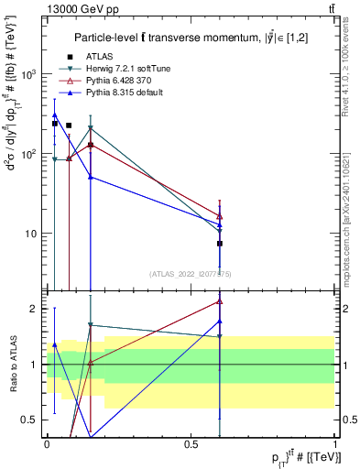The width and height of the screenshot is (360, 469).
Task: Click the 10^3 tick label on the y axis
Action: coord(29,74)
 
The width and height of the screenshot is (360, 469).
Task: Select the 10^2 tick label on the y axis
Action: coord(29,154)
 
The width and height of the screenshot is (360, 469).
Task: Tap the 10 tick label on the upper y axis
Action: coord(32,234)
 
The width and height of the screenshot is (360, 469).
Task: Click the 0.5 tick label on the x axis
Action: coord(191,442)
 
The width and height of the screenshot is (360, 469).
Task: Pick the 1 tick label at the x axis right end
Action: coord(335,442)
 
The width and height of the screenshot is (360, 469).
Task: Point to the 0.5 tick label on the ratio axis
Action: coord(33,420)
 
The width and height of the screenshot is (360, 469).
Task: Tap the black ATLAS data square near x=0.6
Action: coord(220,244)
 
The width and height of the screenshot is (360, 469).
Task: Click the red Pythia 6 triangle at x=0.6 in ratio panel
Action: coord(220,300)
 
